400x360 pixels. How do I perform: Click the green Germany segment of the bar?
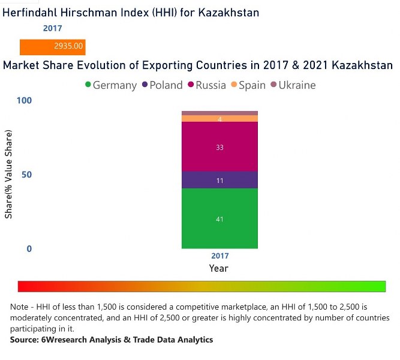[219, 218]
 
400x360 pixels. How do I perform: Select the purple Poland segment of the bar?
[219, 180]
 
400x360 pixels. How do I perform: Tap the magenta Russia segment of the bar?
[219, 146]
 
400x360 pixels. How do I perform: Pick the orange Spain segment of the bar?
[219, 119]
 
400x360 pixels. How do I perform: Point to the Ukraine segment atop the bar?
[219, 113]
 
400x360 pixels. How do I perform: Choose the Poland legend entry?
[161, 85]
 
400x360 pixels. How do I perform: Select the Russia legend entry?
[206, 85]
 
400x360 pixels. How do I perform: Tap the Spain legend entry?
[248, 85]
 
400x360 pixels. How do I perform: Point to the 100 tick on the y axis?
[24, 100]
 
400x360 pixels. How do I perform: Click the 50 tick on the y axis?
[26, 175]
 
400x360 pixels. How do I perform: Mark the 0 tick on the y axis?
[29, 248]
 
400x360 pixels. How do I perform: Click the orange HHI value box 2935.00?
[53, 46]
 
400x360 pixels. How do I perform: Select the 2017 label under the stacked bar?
[219, 256]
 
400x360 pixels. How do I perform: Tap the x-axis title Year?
[219, 268]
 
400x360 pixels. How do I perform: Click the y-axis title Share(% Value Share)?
[8, 175]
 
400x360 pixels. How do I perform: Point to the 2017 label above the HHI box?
[52, 28]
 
